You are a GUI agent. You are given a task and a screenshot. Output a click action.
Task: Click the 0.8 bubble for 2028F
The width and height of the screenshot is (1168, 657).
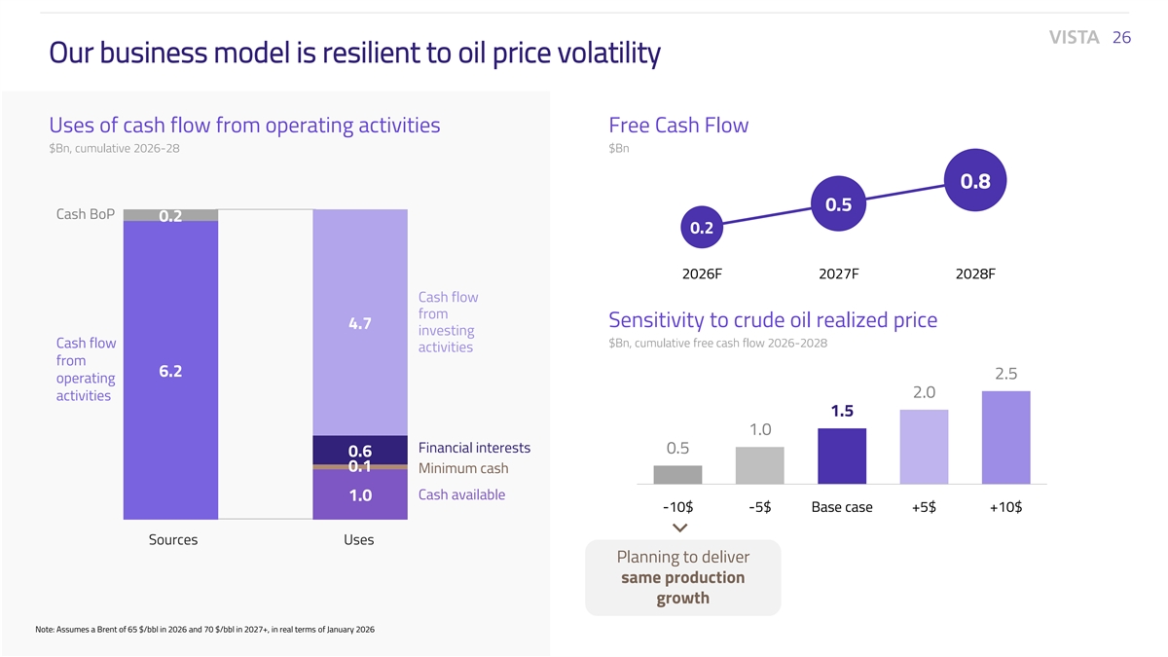tap(975, 182)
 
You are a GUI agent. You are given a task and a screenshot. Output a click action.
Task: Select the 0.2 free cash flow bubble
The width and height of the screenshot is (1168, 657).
tap(702, 229)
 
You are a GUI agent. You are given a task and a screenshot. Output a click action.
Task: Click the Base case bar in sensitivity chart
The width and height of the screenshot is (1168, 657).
tap(842, 456)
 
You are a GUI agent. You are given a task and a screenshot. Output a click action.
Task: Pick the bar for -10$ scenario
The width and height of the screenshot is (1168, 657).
tap(677, 474)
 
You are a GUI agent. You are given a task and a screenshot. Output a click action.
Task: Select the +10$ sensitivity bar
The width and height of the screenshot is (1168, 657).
tap(1006, 437)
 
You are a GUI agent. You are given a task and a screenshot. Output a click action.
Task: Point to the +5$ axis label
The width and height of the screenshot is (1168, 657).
tap(924, 507)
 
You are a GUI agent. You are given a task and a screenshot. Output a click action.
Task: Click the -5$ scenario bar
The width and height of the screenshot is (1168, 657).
tap(760, 465)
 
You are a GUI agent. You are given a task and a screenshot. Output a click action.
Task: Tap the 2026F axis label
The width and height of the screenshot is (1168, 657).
tap(702, 274)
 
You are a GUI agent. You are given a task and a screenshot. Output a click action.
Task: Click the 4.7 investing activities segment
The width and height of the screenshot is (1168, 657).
tap(359, 322)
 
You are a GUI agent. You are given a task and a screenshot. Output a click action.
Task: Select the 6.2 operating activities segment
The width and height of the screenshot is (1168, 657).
tap(170, 371)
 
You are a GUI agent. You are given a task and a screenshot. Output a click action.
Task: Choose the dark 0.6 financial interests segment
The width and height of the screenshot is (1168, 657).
tap(359, 450)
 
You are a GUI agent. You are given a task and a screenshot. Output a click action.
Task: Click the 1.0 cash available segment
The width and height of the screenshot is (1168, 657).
tap(359, 494)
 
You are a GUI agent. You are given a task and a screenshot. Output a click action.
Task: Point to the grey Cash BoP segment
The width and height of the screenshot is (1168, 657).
tap(170, 215)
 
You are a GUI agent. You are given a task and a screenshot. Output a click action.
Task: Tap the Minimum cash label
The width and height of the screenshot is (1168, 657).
tap(463, 468)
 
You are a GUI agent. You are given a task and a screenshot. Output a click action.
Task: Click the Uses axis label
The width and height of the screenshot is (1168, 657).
tap(358, 539)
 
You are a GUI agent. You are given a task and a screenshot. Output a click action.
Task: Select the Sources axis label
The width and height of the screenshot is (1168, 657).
tap(172, 539)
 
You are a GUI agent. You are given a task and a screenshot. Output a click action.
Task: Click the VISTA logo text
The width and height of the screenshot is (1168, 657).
tap(1075, 37)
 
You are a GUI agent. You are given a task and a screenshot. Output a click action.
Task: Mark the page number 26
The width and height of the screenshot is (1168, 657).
tap(1121, 37)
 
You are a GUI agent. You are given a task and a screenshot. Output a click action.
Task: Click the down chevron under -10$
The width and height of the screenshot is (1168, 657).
tap(679, 528)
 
